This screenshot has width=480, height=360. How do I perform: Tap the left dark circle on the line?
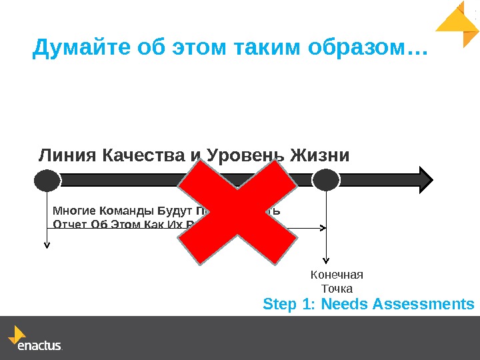[x=47, y=179]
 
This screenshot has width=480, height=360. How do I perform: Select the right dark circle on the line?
[x=326, y=179]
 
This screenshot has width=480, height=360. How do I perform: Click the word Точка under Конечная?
[x=337, y=288]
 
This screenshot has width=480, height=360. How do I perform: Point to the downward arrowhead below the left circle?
[x=47, y=244]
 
